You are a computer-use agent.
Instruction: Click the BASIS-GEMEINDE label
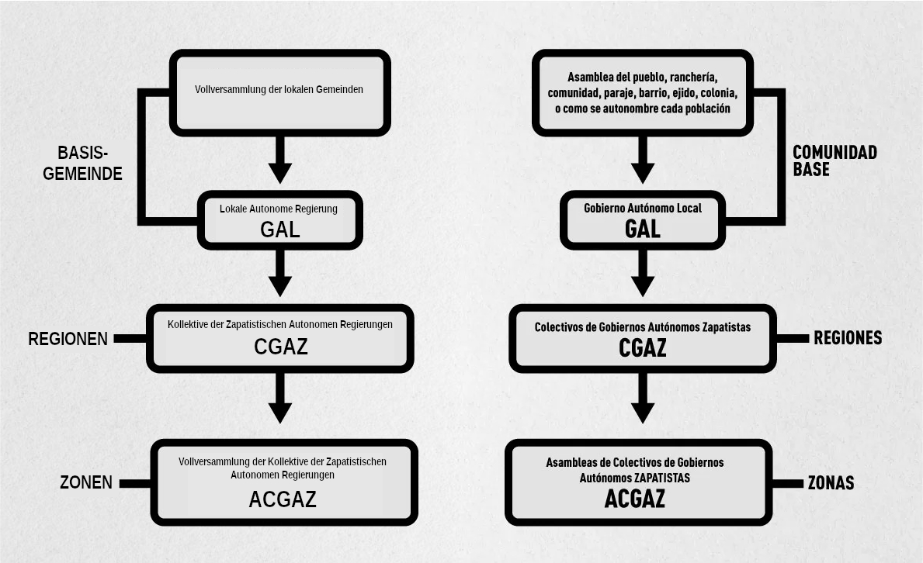point(82,163)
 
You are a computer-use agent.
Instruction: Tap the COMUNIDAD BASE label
point(835,161)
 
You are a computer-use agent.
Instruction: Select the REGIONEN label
point(68,339)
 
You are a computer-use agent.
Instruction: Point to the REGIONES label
point(848,337)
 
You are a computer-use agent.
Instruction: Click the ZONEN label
point(86,482)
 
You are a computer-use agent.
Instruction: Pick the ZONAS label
point(831,483)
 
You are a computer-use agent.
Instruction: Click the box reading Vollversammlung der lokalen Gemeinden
point(280,93)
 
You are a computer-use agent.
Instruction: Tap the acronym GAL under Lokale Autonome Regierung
point(280,230)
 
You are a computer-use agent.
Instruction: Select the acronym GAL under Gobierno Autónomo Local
point(642,229)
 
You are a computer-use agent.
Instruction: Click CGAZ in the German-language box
point(281,347)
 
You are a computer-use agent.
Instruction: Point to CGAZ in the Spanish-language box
point(642,347)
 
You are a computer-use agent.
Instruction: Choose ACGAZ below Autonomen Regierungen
point(283,499)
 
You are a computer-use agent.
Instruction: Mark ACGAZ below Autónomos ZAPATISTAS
point(634,499)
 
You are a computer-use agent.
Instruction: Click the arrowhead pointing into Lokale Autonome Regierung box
point(280,172)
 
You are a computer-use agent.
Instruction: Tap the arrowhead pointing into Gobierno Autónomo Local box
point(643,172)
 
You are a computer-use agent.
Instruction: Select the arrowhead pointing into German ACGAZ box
point(280,413)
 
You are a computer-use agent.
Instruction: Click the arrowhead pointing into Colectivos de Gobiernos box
point(643,286)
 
